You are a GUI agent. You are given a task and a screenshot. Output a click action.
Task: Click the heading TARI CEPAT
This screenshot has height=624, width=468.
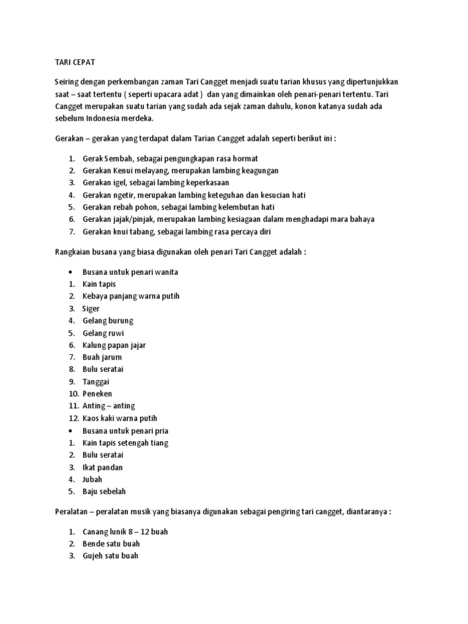[75, 62]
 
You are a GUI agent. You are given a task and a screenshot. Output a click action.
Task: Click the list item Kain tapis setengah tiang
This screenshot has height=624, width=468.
[125, 443]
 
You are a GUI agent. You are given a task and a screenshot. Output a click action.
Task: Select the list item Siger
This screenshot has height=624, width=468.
[91, 308]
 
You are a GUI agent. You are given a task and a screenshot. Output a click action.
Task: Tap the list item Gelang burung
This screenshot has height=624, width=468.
[107, 321]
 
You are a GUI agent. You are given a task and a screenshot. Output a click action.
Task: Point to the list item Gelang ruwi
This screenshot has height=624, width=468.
[104, 333]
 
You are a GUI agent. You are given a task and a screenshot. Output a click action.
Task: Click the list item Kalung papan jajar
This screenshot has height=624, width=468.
[114, 345]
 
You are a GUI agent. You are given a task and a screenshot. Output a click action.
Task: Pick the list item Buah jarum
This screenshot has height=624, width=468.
[102, 357]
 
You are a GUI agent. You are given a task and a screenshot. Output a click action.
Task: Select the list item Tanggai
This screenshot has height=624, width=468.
[96, 381]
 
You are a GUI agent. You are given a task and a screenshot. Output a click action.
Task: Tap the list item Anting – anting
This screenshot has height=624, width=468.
[108, 406]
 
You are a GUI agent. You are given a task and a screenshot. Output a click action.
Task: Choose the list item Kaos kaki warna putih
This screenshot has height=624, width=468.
[119, 418]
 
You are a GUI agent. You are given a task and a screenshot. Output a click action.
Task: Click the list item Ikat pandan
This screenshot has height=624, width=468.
[102, 467]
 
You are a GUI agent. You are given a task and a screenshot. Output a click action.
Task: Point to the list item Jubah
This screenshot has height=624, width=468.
[93, 480]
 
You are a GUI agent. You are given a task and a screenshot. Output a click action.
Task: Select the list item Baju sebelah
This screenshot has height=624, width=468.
[104, 492]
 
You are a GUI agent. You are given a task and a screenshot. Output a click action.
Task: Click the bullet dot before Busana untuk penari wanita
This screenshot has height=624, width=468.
[71, 272]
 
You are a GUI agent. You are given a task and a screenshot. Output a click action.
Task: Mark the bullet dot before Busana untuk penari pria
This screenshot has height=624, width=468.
[71, 431]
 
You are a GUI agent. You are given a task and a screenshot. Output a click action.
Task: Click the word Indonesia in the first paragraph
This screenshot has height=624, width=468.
[103, 118]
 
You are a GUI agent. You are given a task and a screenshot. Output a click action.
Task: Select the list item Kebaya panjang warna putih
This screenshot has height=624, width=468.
[131, 296]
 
